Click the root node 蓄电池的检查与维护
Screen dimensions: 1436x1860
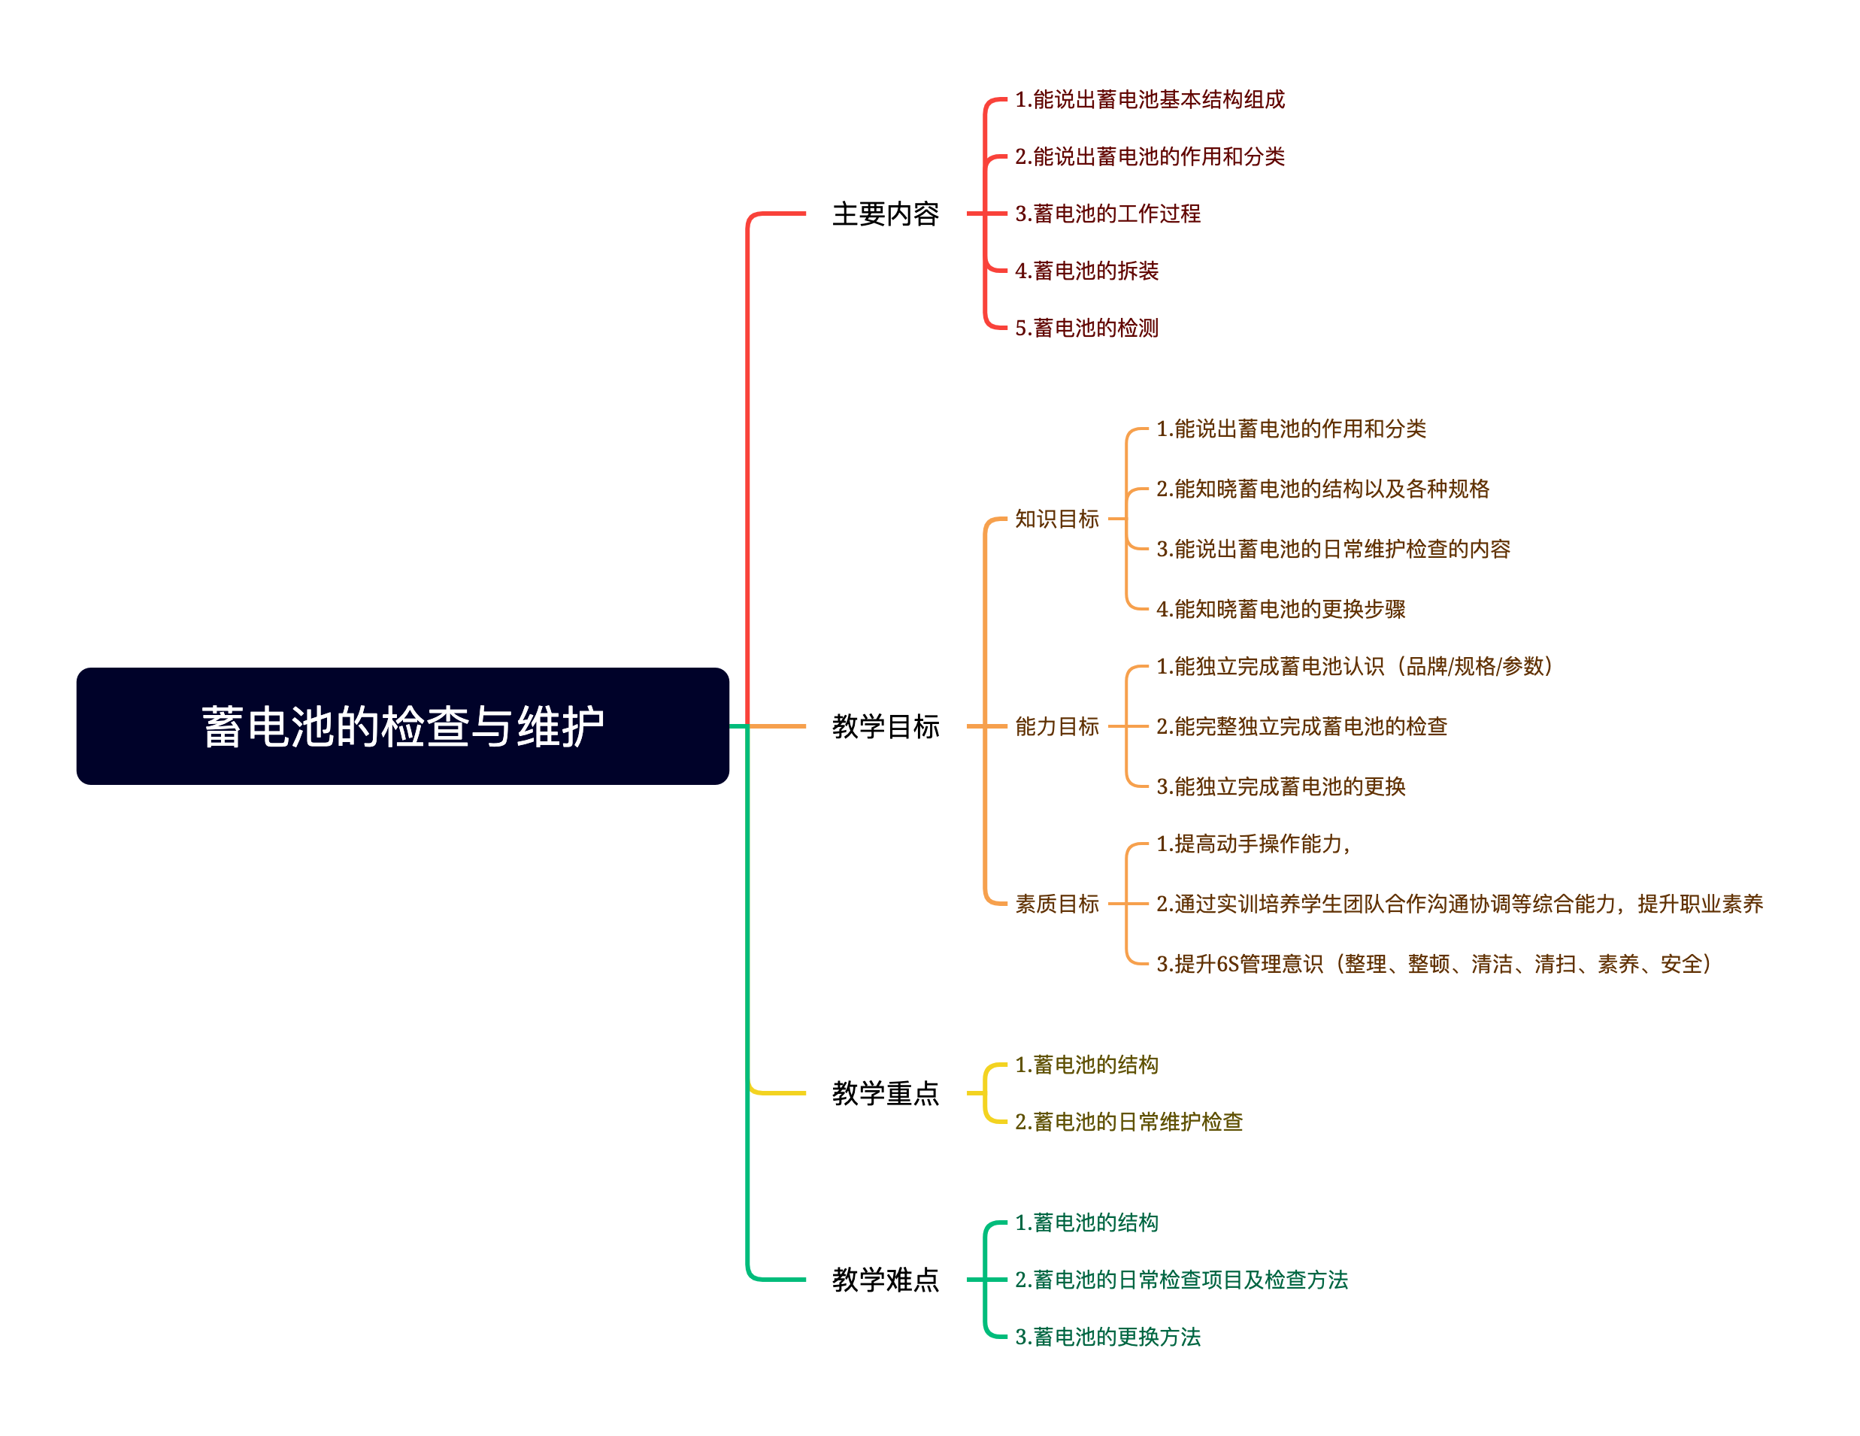pos(402,726)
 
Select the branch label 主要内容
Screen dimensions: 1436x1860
pos(885,214)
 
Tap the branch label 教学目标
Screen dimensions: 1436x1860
pos(885,726)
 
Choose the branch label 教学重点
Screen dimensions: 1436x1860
pos(885,1092)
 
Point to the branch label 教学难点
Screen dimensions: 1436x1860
pos(885,1280)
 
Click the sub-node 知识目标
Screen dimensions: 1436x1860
pos(1056,519)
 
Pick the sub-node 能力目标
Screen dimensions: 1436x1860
pos(1056,726)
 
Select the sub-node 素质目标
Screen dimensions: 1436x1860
pos(1056,904)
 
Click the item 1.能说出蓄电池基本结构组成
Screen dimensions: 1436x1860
pos(1149,100)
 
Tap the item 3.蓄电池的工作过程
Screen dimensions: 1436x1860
pos(1107,214)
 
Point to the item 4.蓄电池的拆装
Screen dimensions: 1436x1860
pos(1086,271)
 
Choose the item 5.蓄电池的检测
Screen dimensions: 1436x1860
pos(1086,328)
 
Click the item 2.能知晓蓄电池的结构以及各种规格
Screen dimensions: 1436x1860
pos(1322,489)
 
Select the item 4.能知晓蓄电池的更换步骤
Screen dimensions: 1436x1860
pos(1280,609)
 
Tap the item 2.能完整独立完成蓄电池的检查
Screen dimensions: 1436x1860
pos(1301,726)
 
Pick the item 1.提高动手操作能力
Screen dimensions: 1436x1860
pos(1252,844)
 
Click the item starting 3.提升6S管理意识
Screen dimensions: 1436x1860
pos(1433,964)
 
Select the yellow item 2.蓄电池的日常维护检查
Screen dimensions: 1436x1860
pos(1128,1122)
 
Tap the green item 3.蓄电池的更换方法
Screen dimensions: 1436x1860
pos(1107,1336)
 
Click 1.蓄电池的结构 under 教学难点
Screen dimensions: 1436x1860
pos(1086,1223)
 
